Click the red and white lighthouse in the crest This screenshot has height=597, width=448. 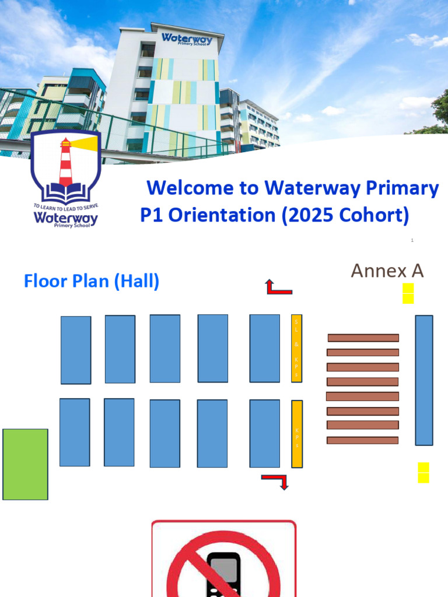coord(65,160)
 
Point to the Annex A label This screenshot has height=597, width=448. coord(387,271)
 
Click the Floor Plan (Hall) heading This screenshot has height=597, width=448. coord(92,282)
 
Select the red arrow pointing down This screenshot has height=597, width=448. coord(276,481)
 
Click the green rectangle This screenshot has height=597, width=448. coord(25,464)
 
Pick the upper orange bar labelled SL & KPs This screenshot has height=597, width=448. coord(296,348)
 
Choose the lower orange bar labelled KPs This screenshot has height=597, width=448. coord(297,434)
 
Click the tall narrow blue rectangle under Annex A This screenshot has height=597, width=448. coord(424,380)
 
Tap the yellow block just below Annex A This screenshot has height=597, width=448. coord(408,293)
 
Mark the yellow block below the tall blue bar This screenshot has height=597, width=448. coord(423,472)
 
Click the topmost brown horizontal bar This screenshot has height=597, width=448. coord(363,338)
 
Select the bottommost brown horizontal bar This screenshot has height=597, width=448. coord(362,440)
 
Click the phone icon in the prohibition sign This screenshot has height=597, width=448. coord(223,574)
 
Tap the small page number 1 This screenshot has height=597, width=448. coord(412,240)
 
